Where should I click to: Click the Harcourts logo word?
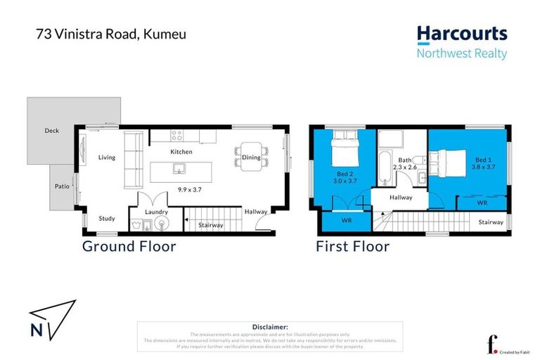[461, 34]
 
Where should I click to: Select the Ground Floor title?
[129, 246]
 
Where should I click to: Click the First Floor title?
[352, 246]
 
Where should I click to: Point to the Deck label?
[52, 131]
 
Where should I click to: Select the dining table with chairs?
[251, 155]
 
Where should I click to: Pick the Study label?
[107, 218]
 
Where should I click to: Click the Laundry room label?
[155, 211]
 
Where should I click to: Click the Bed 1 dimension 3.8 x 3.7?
[484, 167]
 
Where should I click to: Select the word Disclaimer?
[270, 327]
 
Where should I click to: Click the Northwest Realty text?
[461, 53]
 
